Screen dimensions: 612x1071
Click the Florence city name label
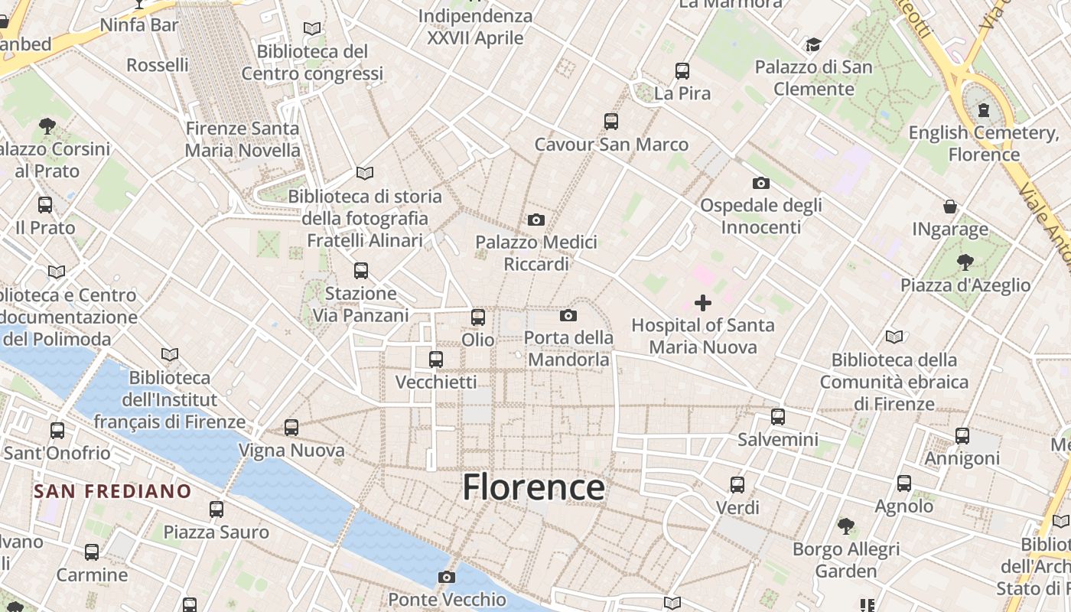533,487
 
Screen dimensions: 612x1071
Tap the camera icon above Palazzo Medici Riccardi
536,220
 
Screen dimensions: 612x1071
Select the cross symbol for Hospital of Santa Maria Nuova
703,303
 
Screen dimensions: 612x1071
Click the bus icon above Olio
478,317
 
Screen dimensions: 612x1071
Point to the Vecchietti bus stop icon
436,359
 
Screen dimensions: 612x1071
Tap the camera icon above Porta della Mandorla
568,315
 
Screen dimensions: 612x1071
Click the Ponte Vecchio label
447,599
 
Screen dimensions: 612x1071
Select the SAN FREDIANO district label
112,491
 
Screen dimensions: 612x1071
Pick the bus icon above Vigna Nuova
291,428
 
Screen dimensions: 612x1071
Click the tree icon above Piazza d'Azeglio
965,262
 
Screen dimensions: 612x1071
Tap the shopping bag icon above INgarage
950,207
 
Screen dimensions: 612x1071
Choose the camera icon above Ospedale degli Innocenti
760,183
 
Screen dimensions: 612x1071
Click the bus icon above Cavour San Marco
610,121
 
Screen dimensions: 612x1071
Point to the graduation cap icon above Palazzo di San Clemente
813,44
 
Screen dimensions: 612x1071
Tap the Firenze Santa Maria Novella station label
243,139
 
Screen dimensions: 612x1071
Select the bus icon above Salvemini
778,417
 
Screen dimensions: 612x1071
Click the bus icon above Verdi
737,484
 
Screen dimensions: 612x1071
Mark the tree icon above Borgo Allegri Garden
845,526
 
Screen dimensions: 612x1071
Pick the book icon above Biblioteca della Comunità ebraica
894,337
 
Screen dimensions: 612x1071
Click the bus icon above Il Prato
45,205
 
